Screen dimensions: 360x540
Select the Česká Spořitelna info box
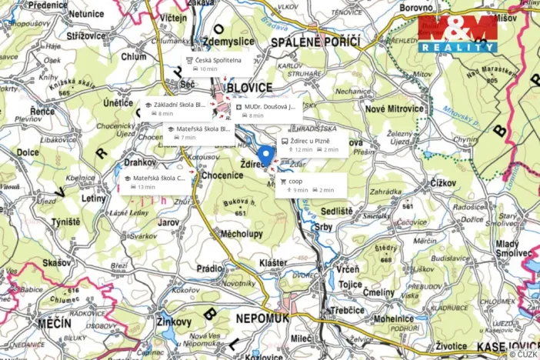(217, 64)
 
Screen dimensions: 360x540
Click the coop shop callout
(310, 185)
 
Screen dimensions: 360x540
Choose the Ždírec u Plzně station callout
(315, 145)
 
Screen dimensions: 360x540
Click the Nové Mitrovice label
(394, 108)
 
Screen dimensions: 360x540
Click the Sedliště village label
(336, 210)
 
